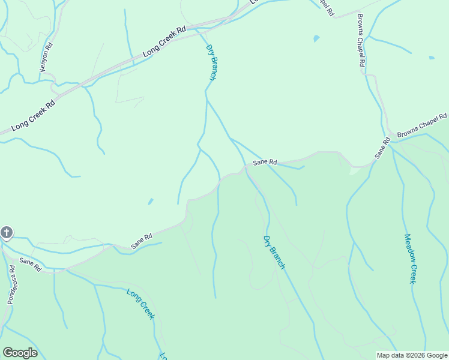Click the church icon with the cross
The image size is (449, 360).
point(7,232)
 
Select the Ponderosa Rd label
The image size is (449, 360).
point(11,285)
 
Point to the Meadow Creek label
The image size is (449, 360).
point(410,259)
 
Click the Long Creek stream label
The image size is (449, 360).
point(141,304)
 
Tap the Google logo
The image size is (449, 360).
point(20,353)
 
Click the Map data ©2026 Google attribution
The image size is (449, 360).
point(412,355)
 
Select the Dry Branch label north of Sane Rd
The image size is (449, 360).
point(211,62)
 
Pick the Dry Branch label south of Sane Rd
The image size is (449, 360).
point(274,252)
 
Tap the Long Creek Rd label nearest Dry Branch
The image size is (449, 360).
point(164,41)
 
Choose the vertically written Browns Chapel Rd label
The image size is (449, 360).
point(361,41)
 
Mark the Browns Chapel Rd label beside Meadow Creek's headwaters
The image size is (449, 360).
point(423,124)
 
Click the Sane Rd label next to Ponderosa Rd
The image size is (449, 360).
point(29,265)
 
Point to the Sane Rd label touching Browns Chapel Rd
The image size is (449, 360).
point(382,148)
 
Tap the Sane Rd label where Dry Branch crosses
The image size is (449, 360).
point(265,162)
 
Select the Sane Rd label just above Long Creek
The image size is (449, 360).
point(142,241)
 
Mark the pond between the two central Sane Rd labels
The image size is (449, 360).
point(150,201)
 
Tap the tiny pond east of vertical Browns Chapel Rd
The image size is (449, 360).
point(432,58)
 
